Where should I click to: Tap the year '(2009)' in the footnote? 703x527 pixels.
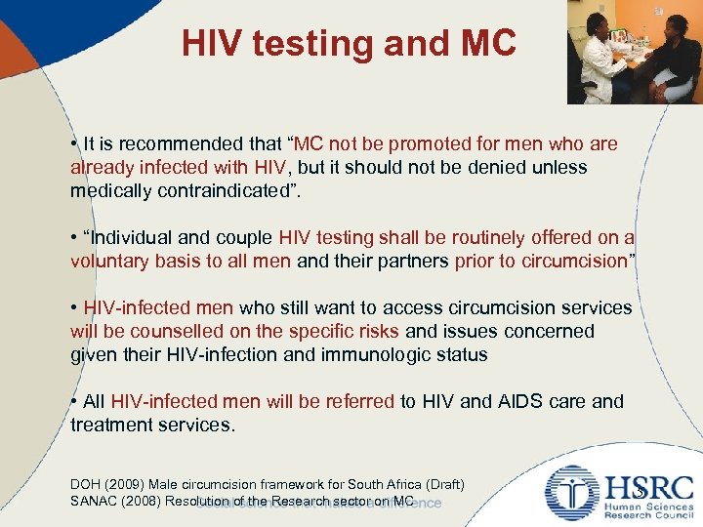pyautogui.click(x=126, y=485)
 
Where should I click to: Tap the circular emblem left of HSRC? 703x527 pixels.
pyautogui.click(x=572, y=493)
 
